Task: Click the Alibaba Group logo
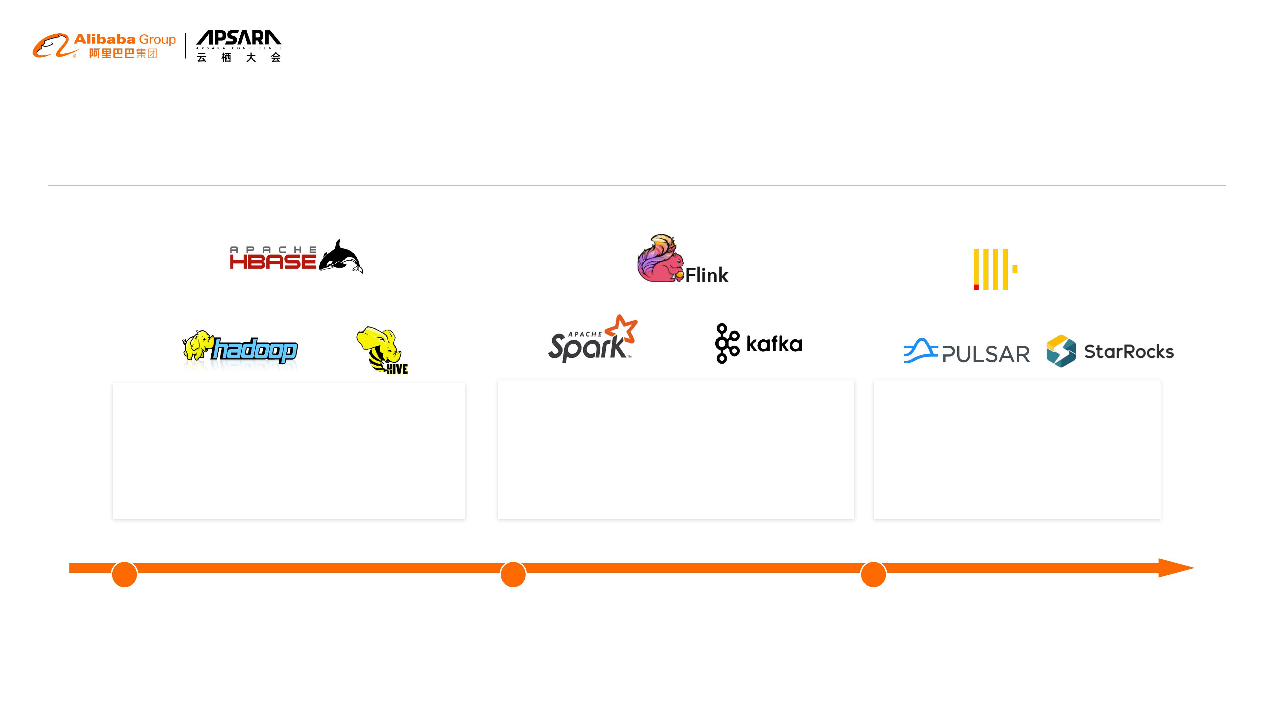104,46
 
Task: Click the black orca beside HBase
341,256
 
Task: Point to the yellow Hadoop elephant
197,345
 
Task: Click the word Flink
707,275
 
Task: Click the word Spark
587,346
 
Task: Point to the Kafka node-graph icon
727,343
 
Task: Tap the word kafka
774,344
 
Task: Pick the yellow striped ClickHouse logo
995,269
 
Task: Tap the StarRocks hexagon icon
1061,351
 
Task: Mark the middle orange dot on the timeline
513,574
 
